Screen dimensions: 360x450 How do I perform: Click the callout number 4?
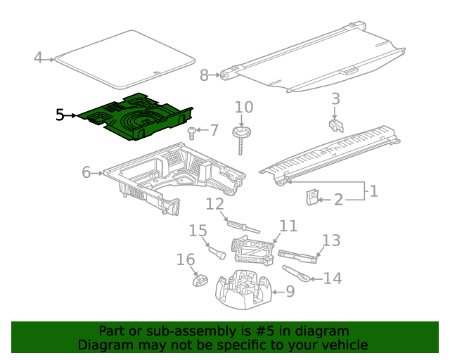(39, 58)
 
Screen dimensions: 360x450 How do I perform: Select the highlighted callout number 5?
(60, 115)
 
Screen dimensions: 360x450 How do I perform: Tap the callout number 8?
(205, 75)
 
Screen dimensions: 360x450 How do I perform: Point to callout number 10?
(243, 108)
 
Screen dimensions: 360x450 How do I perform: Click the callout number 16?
(186, 261)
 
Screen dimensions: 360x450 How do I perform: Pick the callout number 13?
(331, 240)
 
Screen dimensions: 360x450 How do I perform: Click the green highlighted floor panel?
(137, 116)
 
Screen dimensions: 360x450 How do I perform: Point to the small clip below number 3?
(335, 126)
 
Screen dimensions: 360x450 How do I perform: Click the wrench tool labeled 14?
(295, 273)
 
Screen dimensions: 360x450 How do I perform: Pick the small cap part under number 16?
(199, 281)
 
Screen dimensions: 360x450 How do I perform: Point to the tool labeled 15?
(214, 250)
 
